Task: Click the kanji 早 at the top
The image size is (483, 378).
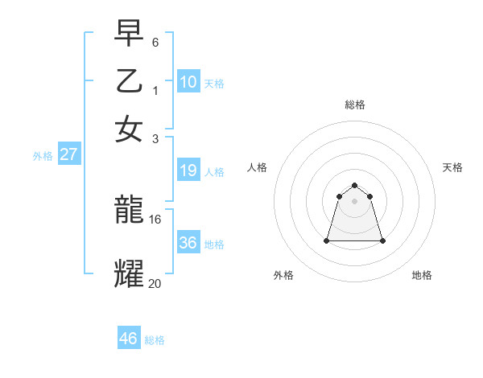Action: [x=130, y=35]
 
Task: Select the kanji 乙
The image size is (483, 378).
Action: [x=130, y=83]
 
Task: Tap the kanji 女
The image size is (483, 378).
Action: [x=130, y=129]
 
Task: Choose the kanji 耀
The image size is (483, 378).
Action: [x=130, y=273]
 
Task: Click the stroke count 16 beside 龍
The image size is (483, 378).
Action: [x=155, y=218]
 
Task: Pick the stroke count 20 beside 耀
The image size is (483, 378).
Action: [x=155, y=282]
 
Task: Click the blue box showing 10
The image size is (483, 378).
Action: [x=188, y=82]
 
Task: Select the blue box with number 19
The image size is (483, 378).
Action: [x=188, y=171]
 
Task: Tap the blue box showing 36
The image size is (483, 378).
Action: [x=188, y=243]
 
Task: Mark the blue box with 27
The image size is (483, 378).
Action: [x=68, y=154]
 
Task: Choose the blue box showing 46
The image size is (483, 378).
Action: [x=129, y=339]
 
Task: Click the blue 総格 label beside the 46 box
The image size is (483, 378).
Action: [x=155, y=340]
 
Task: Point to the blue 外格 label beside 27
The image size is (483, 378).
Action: [x=43, y=156]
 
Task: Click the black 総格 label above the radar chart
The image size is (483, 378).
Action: [x=354, y=105]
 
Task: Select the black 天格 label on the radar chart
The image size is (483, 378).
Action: [x=452, y=167]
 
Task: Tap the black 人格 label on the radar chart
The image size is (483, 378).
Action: [x=258, y=167]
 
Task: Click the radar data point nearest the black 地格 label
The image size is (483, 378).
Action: [x=382, y=240]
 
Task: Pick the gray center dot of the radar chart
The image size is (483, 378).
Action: [x=354, y=200]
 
